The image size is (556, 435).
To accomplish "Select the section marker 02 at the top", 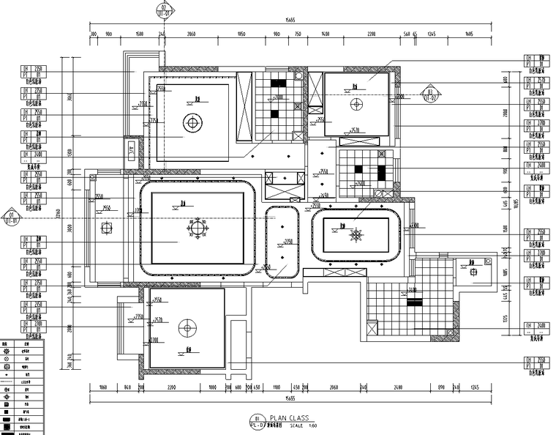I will click(x=165, y=10).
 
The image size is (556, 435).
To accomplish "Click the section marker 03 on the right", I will click(x=428, y=93).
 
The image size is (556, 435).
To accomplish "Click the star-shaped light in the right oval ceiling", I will click(x=356, y=235).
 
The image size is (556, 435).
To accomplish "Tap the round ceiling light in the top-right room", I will click(x=356, y=104).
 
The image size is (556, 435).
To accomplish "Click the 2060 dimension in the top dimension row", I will click(x=191, y=34).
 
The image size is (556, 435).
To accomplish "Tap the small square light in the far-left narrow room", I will click(x=104, y=228).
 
